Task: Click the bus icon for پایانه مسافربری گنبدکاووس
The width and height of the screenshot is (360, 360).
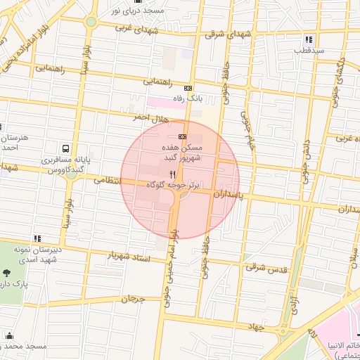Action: [x=65, y=149]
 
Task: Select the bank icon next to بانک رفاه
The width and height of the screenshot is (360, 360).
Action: [x=187, y=88]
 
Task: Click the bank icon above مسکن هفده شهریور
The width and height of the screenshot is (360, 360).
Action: [x=183, y=136]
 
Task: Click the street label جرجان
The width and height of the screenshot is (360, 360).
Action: [x=132, y=300]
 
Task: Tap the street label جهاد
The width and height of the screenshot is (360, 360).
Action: [x=259, y=328]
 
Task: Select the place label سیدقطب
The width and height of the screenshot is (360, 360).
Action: [x=309, y=51]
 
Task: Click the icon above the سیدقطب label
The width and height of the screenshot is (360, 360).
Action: [x=309, y=39]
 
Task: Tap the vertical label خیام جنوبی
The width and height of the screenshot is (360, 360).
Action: [x=247, y=132]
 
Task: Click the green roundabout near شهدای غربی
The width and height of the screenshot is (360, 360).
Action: [x=91, y=22]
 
